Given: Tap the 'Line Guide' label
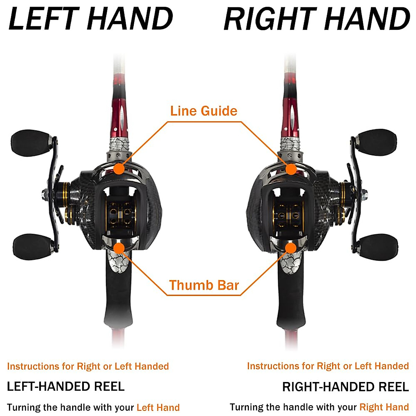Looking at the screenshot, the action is coord(204,111).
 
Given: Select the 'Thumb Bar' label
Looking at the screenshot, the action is coord(204,285).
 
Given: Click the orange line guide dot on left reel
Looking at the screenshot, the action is coord(119,169).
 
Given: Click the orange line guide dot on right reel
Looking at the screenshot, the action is coord(291,169).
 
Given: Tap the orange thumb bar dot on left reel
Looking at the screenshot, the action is coord(119,248).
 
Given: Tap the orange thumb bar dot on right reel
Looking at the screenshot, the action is coord(291,248).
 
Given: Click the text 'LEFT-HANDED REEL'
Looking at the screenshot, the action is coord(66,386).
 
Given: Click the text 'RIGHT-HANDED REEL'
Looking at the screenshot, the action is coord(345,387).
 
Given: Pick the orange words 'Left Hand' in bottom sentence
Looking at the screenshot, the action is coord(158,407).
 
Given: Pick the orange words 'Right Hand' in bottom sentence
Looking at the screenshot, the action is coord(384,407).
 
